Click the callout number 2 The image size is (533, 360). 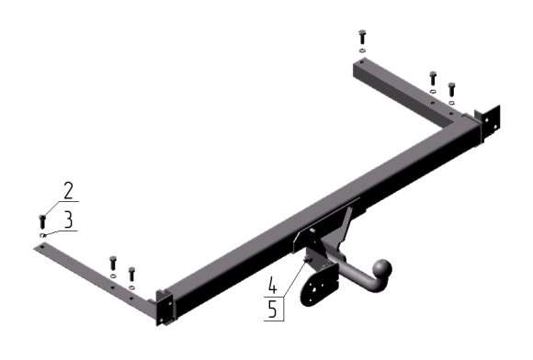click(x=68, y=190)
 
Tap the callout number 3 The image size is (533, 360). click(x=68, y=219)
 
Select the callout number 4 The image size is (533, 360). click(x=273, y=285)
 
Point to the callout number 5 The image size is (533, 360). click(x=273, y=309)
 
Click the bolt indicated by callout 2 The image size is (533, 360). click(x=42, y=221)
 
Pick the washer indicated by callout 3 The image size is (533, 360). click(x=42, y=235)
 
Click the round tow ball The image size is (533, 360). click(x=383, y=269)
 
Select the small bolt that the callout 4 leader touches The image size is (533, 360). click(x=308, y=260)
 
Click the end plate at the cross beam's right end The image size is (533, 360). click(x=488, y=121)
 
